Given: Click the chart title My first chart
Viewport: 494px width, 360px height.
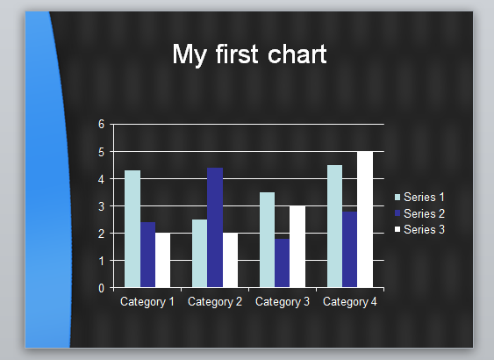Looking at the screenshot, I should [249, 54].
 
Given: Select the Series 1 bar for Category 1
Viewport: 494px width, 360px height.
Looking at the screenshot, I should [132, 228].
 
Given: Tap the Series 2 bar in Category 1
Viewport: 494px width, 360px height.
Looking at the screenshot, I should [147, 255].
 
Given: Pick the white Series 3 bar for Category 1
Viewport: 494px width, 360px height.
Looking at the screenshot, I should [162, 260].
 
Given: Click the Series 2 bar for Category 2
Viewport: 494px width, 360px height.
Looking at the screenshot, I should [215, 227].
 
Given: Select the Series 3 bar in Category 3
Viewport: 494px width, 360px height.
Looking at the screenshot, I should [297, 247].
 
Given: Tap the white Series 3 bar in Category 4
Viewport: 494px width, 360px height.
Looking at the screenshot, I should [365, 220].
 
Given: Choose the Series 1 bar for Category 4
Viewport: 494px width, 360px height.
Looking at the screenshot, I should [335, 226].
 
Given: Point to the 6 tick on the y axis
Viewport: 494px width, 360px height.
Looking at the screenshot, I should [101, 125].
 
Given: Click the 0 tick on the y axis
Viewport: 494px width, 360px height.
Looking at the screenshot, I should [101, 288].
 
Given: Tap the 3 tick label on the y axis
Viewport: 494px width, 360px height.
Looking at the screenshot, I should [101, 206].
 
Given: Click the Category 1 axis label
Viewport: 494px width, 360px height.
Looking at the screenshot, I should [147, 302].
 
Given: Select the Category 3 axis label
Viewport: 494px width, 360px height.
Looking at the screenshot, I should [282, 302].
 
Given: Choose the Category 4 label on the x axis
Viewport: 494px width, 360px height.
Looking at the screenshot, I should [349, 302].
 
